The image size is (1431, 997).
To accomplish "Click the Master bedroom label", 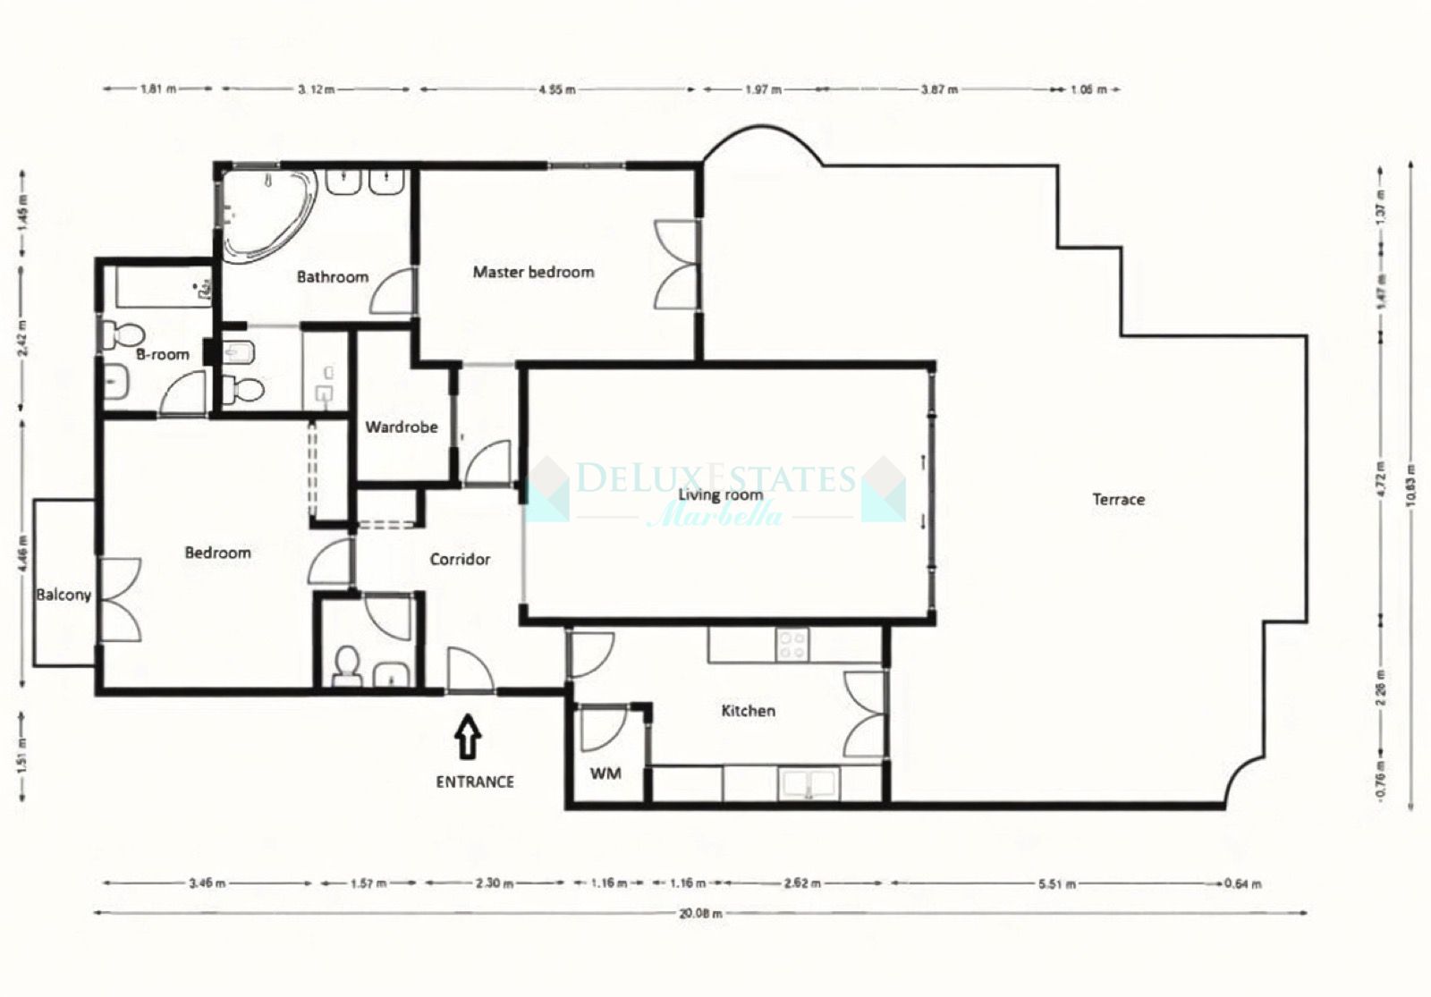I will [533, 272].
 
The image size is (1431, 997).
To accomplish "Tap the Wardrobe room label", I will [402, 427].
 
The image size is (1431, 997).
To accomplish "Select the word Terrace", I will [1118, 500].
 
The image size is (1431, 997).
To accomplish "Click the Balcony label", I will [64, 595].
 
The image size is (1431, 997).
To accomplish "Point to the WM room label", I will [605, 773].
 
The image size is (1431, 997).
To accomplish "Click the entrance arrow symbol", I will [468, 738].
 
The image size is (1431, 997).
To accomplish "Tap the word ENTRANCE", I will [475, 782].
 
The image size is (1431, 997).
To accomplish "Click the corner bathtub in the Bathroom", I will [267, 213].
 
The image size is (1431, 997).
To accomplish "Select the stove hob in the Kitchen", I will [792, 645].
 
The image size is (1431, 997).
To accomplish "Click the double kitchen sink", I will [810, 784].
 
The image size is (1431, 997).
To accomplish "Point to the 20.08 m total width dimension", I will [700, 914].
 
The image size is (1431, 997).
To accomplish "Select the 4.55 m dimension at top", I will [556, 89].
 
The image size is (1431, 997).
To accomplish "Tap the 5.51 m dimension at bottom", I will [1057, 883].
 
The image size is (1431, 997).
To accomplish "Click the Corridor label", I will [460, 560].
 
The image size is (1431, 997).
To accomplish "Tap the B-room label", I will [163, 355].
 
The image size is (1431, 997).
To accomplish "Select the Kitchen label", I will [748, 711].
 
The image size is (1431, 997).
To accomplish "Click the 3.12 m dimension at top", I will [316, 89].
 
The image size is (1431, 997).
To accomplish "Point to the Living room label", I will [720, 494].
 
